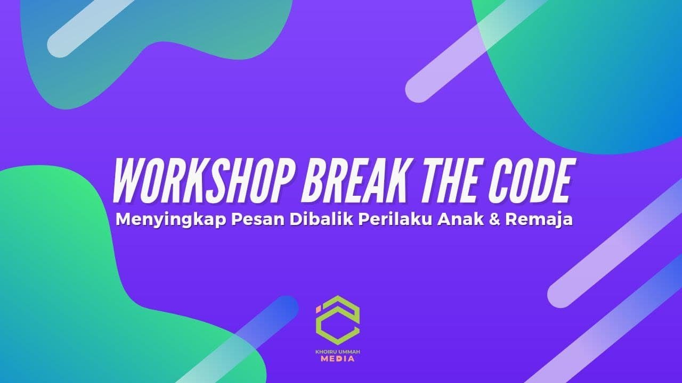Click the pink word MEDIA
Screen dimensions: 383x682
coord(338,360)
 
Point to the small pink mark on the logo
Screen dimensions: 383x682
coord(319,308)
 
